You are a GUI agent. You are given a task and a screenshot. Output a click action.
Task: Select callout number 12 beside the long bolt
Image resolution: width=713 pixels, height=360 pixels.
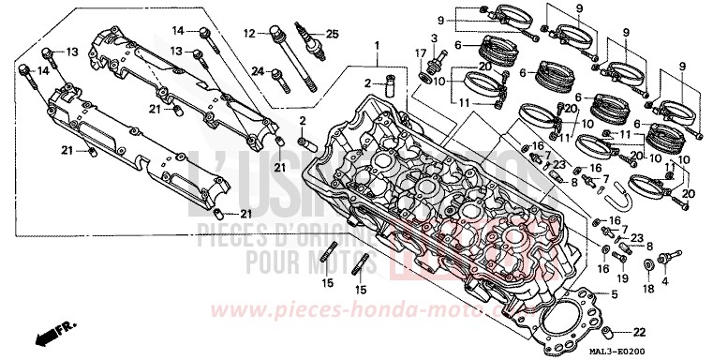[248, 33]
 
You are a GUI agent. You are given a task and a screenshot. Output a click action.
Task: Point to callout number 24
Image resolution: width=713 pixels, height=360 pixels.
[256, 70]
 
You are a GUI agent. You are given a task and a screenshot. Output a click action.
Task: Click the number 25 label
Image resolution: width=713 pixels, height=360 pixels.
[330, 34]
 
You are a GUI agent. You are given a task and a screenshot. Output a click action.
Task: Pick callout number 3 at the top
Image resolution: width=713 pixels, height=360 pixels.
[434, 36]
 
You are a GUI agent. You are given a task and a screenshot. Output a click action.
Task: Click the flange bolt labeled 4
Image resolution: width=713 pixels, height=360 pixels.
[667, 256]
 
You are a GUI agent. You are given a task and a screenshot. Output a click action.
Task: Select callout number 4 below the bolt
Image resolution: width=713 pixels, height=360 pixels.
[667, 279]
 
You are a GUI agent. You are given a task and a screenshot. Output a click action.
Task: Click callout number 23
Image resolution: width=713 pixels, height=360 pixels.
[634, 237]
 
